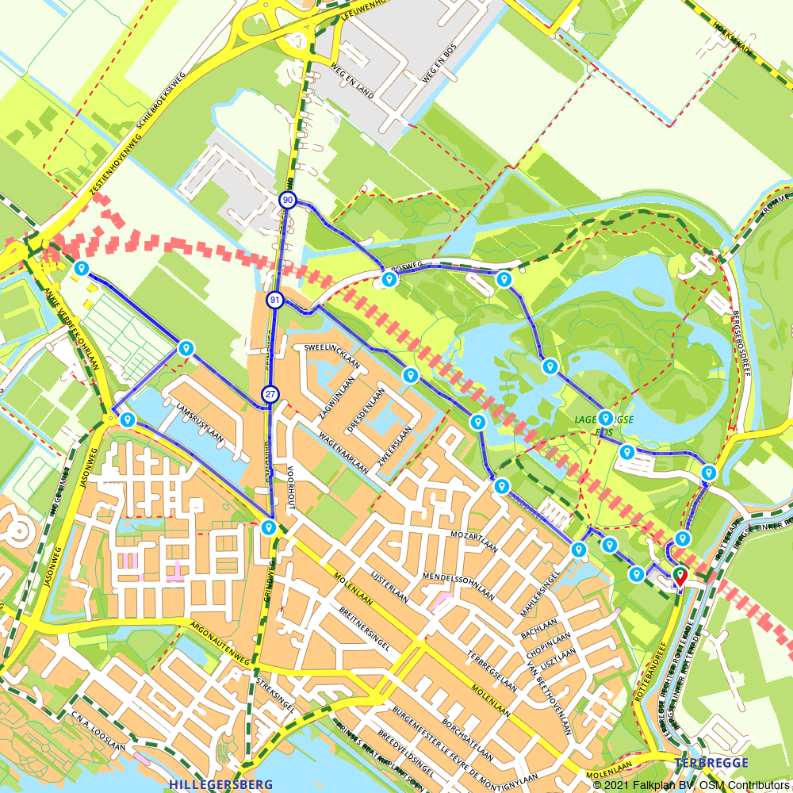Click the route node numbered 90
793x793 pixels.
coord(288,201)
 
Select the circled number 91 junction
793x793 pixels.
coord(274,300)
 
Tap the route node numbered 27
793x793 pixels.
coord(270,394)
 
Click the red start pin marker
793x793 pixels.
coord(680,575)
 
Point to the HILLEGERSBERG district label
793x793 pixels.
coord(220,784)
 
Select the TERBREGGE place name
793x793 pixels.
coord(711,763)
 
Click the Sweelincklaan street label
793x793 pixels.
coord(331,358)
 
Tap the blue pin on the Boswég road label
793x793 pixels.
coord(389,279)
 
